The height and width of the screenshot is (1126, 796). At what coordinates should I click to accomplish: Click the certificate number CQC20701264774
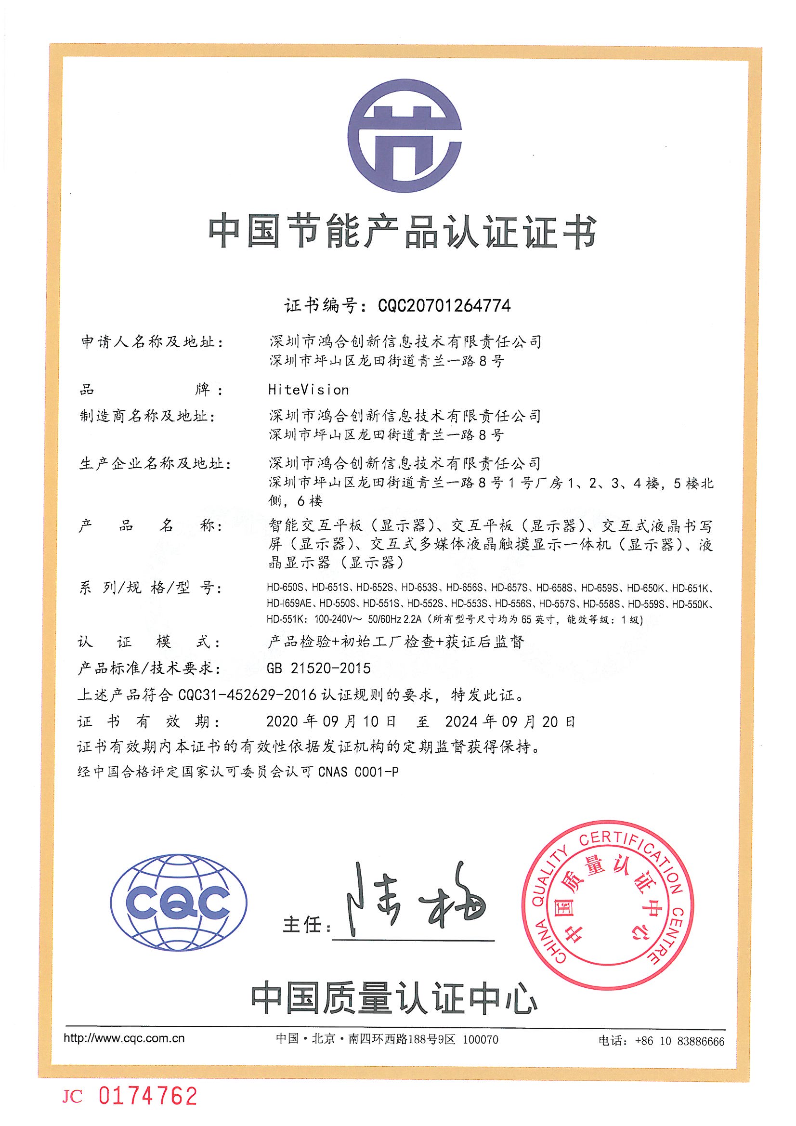click(x=444, y=305)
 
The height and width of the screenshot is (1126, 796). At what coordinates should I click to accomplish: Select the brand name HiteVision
click(x=309, y=390)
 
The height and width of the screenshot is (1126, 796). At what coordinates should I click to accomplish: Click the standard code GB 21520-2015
click(x=319, y=668)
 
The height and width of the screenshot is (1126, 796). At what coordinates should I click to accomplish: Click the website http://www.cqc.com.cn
click(x=124, y=1039)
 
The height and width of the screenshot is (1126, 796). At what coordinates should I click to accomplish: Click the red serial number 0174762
click(x=148, y=1096)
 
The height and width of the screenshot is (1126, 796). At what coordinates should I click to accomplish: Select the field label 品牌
click(x=152, y=390)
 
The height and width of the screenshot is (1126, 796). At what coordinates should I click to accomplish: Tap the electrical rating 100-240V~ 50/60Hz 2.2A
click(x=367, y=619)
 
